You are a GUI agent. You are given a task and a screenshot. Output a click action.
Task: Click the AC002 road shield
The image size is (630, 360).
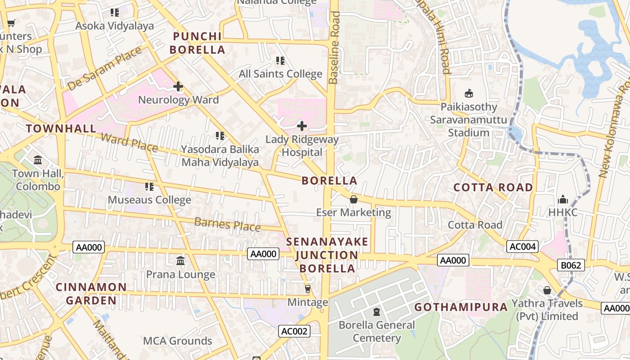coord(294,332)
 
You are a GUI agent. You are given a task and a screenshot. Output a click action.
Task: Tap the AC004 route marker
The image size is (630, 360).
coord(522,247)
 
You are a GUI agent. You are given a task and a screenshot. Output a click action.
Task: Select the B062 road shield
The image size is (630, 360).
coord(571,265)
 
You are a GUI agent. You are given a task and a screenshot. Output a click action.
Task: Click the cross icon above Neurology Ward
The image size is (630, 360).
coord(178,86)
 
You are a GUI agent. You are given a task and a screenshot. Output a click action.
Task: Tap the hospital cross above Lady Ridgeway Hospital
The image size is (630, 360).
coord(302,126)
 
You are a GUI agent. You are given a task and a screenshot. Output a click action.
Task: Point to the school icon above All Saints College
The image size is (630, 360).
coord(280,60)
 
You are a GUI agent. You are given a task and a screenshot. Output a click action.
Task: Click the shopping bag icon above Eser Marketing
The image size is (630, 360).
coord(354,199)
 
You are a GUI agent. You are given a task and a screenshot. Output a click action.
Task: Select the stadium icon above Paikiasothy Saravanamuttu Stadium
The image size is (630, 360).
coord(469,93)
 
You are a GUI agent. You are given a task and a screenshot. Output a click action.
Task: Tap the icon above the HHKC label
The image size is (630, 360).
coord(562,199)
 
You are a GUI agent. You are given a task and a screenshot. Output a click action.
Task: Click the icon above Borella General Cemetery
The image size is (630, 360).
coord(377,311)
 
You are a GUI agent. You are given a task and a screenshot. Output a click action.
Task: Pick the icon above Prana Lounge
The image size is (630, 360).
coord(180,261)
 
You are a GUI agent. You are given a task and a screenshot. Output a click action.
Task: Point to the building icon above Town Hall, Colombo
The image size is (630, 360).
coord(38,160)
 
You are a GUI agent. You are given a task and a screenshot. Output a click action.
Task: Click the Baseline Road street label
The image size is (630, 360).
coord(333,47)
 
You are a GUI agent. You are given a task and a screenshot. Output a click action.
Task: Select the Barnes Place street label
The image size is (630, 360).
coord(227,224)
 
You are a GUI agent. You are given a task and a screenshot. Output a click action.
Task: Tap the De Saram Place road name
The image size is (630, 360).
coord(104,68)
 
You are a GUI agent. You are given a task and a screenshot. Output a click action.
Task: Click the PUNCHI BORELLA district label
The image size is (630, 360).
coord(198,43)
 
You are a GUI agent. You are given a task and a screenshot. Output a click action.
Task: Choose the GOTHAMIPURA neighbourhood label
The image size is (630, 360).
coord(461,307)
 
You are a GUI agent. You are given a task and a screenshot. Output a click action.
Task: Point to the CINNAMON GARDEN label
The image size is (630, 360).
coord(91,293)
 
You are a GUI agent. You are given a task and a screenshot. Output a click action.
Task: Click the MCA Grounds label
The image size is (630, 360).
coord(177,341)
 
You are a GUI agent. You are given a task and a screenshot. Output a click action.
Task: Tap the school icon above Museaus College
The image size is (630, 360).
coord(149,186)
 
